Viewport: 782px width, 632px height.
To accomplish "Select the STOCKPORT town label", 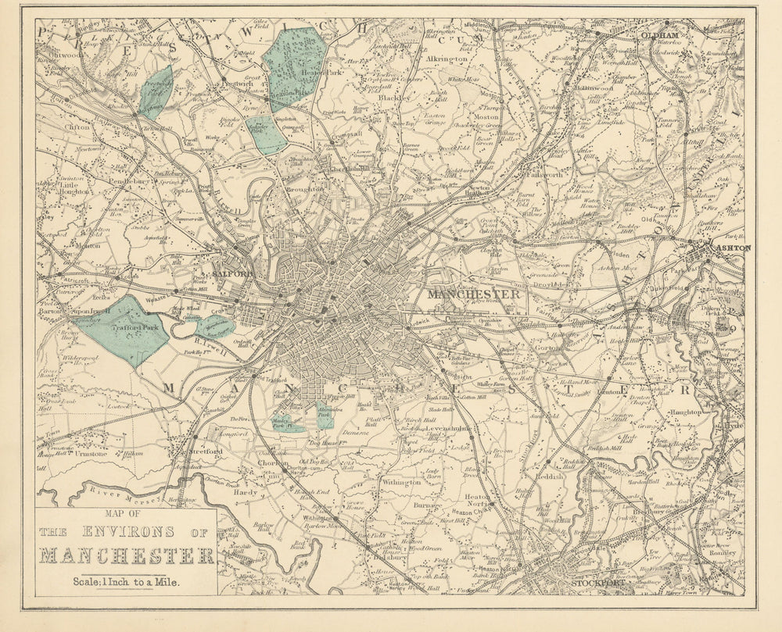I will click(x=600, y=582).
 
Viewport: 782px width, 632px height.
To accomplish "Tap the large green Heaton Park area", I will click(x=296, y=67).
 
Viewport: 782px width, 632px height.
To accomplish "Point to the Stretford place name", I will click(x=206, y=452).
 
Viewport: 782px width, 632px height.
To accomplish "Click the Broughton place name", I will click(x=305, y=189).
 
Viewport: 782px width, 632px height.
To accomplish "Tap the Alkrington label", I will click(x=447, y=59).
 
